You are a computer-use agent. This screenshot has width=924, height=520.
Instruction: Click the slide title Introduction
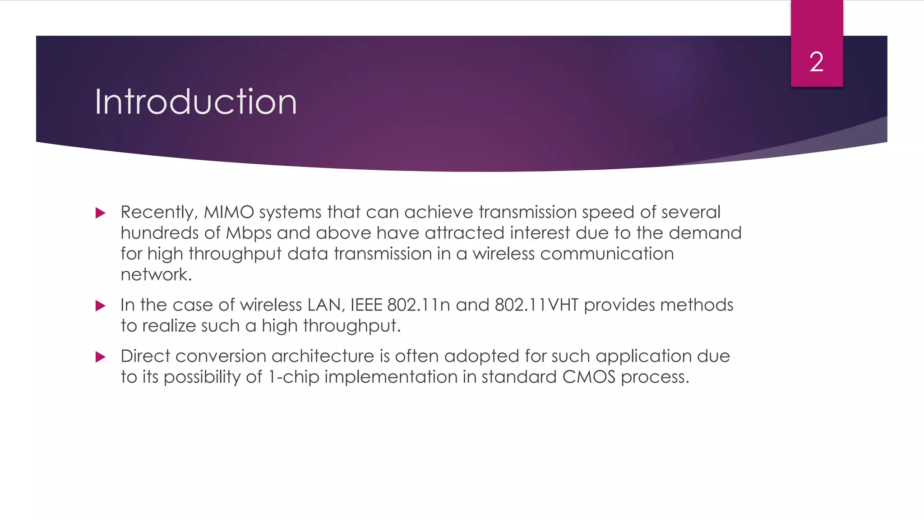[195, 102]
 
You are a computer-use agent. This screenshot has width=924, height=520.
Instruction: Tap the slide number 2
[816, 62]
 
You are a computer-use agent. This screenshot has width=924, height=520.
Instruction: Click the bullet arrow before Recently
[101, 213]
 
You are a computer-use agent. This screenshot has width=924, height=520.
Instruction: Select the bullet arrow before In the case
[101, 306]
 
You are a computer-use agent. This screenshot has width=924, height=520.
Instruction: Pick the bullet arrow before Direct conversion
[101, 357]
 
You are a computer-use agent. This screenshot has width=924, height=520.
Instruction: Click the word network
[156, 274]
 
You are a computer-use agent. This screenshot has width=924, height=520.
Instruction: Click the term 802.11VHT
[536, 305]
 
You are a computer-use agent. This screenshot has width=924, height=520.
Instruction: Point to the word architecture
[323, 356]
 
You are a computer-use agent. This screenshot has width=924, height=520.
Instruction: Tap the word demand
[705, 233]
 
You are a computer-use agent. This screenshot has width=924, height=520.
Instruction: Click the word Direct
[145, 356]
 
